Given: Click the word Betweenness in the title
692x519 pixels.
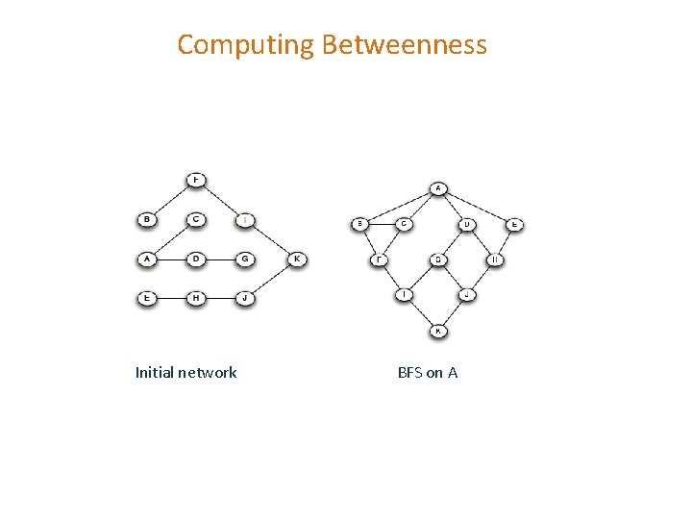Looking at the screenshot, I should pyautogui.click(x=405, y=45).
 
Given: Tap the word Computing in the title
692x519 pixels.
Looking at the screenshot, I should pyautogui.click(x=246, y=45).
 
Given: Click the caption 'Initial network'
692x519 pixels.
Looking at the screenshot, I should pyautogui.click(x=185, y=372).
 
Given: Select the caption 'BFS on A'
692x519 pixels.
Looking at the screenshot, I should pyautogui.click(x=428, y=372).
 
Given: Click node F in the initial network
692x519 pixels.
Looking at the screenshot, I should pyautogui.click(x=196, y=180).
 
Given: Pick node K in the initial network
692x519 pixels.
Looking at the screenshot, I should pyautogui.click(x=297, y=259).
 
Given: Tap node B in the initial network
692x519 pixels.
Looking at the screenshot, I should pyautogui.click(x=147, y=219).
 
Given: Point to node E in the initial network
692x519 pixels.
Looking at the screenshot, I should pyautogui.click(x=147, y=298).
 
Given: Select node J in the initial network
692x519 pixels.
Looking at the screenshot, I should pyautogui.click(x=245, y=298).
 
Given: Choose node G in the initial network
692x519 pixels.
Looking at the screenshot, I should pyautogui.click(x=245, y=259).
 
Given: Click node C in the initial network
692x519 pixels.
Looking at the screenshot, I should pyautogui.click(x=196, y=219).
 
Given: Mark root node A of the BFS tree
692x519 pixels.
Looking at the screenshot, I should pyautogui.click(x=437, y=188).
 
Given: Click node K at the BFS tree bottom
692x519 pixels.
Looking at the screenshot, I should pyautogui.click(x=437, y=332).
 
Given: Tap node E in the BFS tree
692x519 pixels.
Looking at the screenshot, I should pyautogui.click(x=514, y=225).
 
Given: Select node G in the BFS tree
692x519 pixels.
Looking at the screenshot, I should pyautogui.click(x=437, y=259).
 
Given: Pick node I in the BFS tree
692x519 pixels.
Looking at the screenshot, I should pyautogui.click(x=406, y=295).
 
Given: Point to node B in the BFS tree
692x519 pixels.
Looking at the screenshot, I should pyautogui.click(x=360, y=225).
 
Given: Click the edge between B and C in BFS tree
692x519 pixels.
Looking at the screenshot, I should pyautogui.click(x=383, y=225).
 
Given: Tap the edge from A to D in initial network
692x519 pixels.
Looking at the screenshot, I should pyautogui.click(x=171, y=259).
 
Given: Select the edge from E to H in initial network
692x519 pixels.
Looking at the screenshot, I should pyautogui.click(x=171, y=298).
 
